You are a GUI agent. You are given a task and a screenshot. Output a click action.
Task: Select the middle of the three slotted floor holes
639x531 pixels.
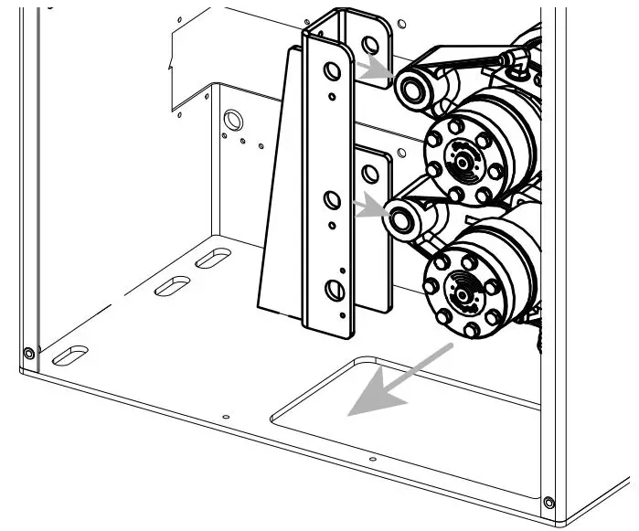(x=172, y=285)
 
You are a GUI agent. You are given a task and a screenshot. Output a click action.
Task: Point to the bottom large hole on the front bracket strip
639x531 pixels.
(x=335, y=290)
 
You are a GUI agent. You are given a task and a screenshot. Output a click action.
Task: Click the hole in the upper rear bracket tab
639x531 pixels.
(x=370, y=44)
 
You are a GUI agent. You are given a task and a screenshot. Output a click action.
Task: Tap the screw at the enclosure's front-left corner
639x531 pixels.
(x=29, y=353)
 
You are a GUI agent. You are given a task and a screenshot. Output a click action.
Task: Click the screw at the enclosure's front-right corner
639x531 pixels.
(x=548, y=502)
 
